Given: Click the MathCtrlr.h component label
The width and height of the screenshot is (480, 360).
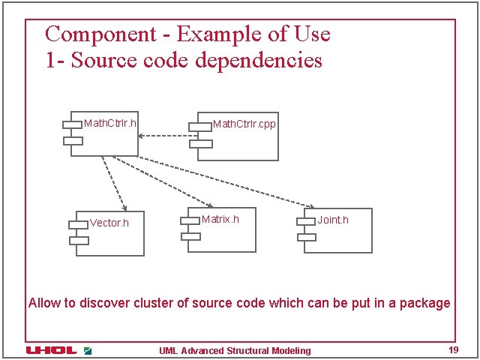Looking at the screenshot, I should tap(110, 122).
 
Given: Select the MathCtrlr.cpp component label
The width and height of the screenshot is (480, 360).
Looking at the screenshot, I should tap(244, 123).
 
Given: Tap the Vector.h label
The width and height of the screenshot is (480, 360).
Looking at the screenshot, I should tap(109, 223).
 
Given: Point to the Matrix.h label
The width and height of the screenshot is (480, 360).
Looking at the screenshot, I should tap(220, 219).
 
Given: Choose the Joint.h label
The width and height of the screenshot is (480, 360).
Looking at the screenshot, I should tap(333, 220).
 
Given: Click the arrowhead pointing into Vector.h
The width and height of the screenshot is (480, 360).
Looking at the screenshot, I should tap(124, 207).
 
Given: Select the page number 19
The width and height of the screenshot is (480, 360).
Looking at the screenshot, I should tap(453, 350).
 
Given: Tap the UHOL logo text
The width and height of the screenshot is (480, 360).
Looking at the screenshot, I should tap(51, 350).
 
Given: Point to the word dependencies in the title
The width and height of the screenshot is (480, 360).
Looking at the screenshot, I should tap(259, 60).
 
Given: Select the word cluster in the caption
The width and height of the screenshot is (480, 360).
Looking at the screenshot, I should tap(154, 304).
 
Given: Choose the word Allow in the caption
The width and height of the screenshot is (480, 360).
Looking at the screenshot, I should tap(43, 304).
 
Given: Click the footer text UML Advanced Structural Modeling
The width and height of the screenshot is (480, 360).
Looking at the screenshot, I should tap(235, 351).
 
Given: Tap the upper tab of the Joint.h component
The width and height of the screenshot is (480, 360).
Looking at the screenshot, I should tap(305, 221).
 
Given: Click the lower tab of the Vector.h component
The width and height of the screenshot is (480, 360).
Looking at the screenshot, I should tap(79, 240).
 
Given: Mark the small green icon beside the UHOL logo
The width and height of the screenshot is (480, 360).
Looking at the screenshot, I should tap(88, 350).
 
